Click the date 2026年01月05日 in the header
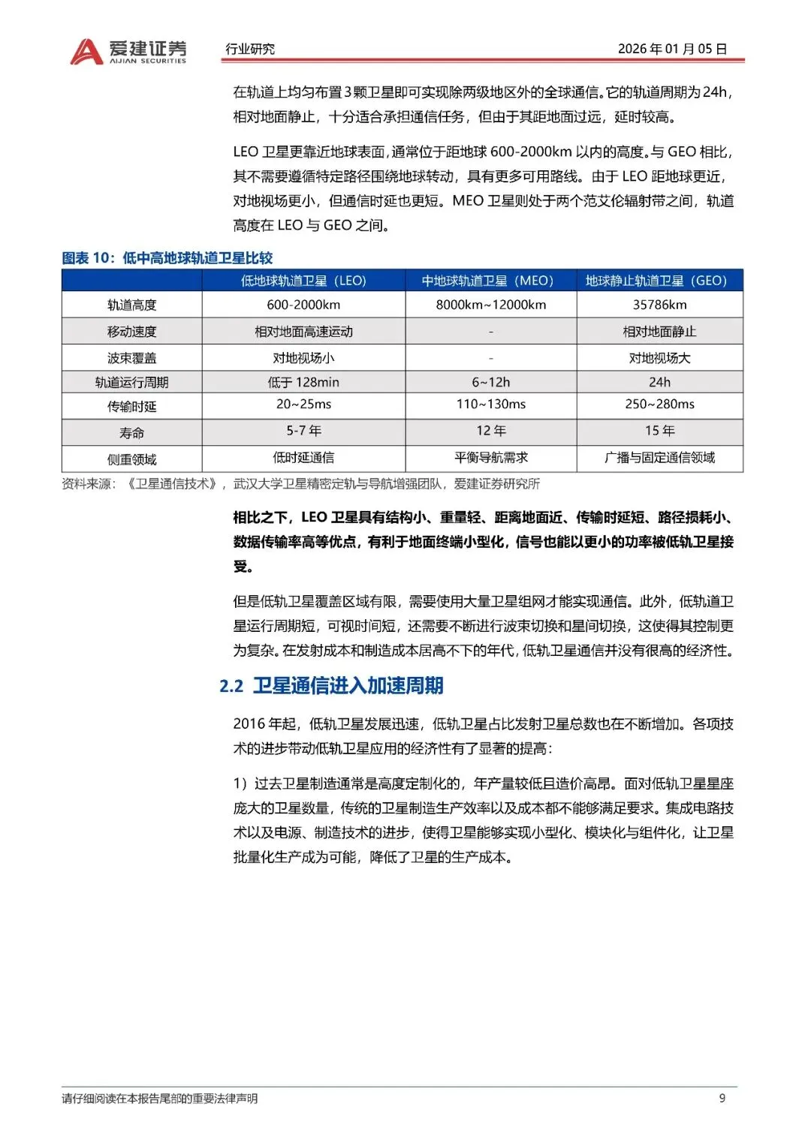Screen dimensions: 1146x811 (672, 49)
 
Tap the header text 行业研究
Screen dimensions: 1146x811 (250, 49)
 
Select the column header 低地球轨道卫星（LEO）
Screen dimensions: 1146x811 (303, 281)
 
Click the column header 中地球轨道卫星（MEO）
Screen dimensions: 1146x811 (490, 281)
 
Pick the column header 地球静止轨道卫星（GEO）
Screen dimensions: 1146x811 (659, 281)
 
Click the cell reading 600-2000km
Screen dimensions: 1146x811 (303, 305)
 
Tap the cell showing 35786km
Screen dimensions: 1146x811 (659, 305)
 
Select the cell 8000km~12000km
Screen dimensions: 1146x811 (490, 305)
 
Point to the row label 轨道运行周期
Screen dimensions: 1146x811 (131, 382)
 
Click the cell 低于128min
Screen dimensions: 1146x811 (303, 382)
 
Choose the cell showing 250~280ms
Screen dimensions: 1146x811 (659, 404)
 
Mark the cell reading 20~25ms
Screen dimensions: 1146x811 (303, 404)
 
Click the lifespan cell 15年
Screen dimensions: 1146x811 (659, 430)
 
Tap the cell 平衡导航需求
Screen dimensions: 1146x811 (490, 457)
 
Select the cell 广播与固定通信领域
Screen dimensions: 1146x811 (659, 457)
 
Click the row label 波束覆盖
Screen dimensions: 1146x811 (131, 358)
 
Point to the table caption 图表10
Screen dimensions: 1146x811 (167, 258)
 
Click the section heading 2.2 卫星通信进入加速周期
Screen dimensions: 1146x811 (331, 685)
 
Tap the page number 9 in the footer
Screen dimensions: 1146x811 (722, 1098)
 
